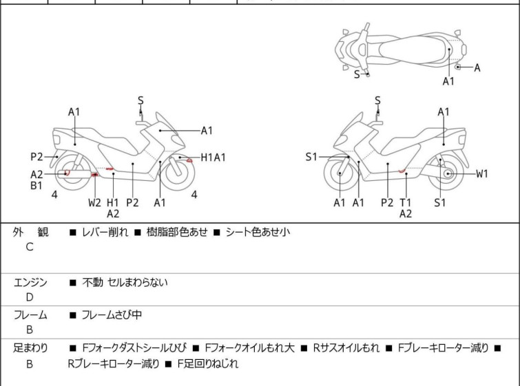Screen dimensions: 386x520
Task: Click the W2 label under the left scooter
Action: pos(94,202)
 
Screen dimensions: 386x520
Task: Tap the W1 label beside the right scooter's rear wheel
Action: pos(481,173)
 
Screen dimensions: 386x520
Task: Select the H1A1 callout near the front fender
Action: pos(213,158)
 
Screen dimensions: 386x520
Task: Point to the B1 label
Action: pos(37,185)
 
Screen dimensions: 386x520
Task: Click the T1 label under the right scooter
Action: pos(406,202)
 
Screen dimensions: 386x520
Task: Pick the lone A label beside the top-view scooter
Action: pos(477,67)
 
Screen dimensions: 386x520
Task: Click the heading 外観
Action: pos(30,233)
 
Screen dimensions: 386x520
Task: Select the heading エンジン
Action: pos(30,282)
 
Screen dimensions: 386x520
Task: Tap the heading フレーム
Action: pos(30,315)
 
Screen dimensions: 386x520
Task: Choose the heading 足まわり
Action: pos(30,348)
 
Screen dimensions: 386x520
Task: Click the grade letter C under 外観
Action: pos(30,247)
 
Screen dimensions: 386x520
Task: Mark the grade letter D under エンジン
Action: pos(30,297)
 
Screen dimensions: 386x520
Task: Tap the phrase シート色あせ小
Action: pos(258,233)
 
